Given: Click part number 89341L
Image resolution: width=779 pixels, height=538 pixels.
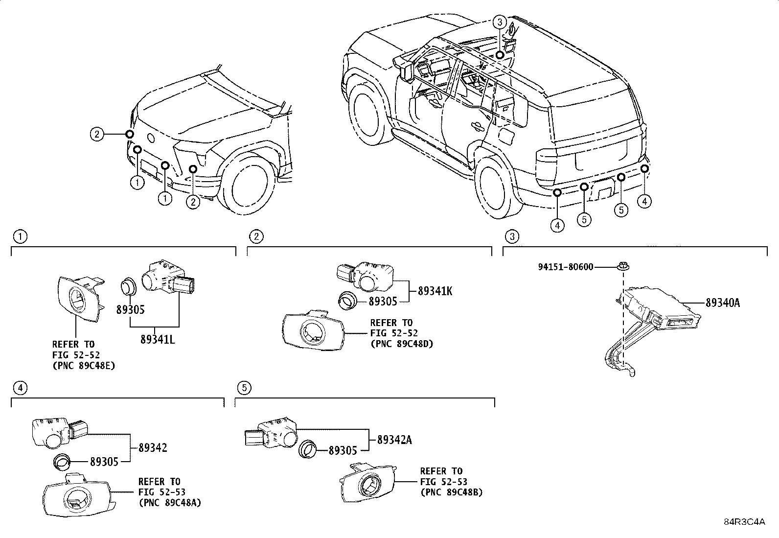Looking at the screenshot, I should (157, 339).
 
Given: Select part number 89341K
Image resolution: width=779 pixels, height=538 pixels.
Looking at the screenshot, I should (435, 291).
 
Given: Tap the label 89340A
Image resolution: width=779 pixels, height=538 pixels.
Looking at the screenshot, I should (722, 303).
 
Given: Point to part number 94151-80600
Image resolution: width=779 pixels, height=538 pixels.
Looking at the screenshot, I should (565, 267).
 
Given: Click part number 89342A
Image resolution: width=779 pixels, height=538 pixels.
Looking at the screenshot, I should (394, 440).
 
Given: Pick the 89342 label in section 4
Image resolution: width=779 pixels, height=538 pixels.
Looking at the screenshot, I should (153, 447).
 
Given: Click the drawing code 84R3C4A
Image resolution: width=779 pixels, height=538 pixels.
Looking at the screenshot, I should (744, 521).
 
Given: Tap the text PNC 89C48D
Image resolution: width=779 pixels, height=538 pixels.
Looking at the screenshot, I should (401, 343).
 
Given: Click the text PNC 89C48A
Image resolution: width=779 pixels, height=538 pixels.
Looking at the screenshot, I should (169, 502).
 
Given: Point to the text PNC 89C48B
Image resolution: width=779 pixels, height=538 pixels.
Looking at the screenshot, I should (451, 492).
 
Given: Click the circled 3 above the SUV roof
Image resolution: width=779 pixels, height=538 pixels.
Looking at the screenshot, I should (499, 22).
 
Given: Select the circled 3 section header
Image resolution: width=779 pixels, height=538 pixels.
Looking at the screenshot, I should (511, 237).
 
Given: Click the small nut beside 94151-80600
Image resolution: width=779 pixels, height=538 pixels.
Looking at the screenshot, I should (623, 267).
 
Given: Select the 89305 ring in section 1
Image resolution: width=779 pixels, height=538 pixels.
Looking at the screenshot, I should (129, 286).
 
